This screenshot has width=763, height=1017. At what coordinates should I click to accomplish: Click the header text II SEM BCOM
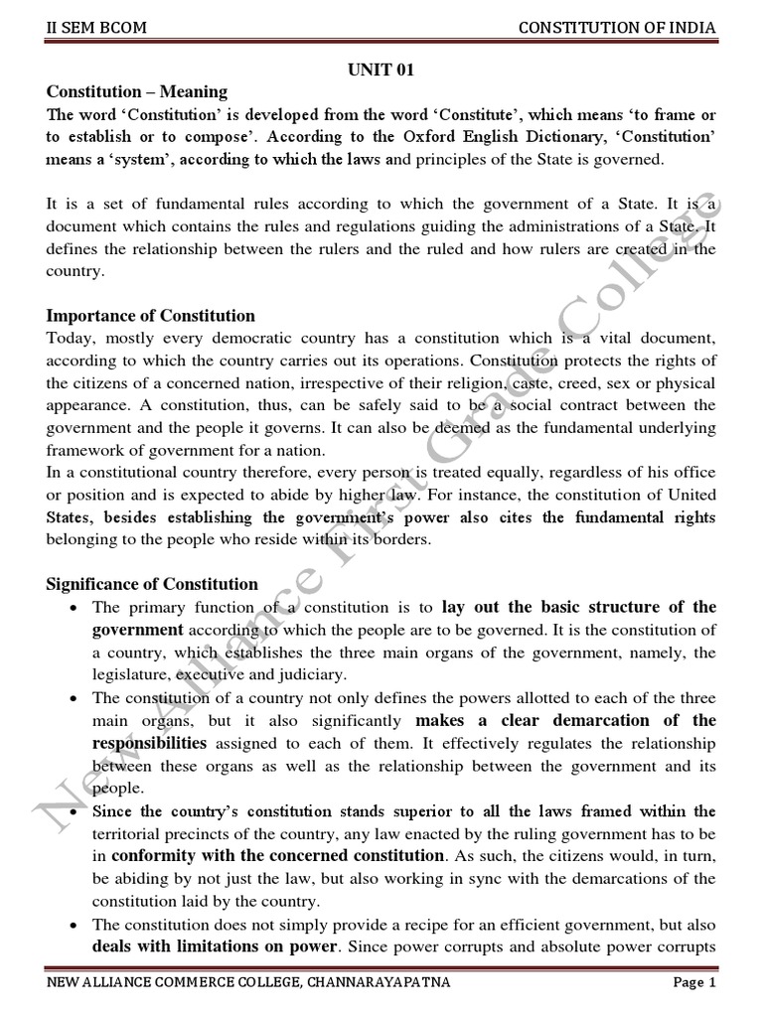click(97, 27)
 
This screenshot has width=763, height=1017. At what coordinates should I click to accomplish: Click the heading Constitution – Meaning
click(137, 92)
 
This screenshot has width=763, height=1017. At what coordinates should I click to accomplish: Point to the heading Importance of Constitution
click(151, 316)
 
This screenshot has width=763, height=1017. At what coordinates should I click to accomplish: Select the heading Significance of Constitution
click(152, 584)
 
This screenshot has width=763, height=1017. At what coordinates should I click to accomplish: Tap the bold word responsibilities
click(149, 742)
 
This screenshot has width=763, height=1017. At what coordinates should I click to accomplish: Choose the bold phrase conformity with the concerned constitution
click(277, 855)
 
